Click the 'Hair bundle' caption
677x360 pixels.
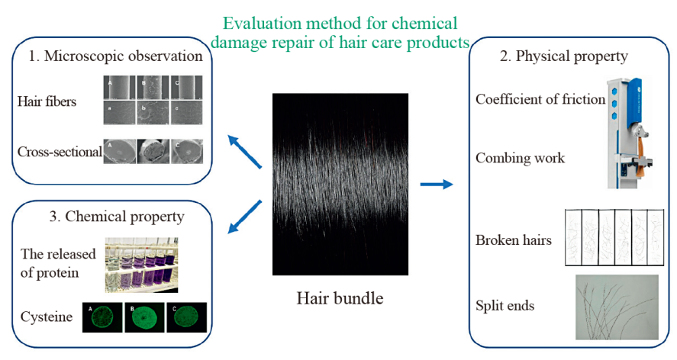(x=340, y=297)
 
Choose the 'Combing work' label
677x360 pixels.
(x=520, y=158)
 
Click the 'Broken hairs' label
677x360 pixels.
(x=514, y=240)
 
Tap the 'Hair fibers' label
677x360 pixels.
(x=47, y=101)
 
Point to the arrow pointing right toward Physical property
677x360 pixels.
(x=436, y=184)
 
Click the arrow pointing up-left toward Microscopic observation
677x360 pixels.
(x=245, y=149)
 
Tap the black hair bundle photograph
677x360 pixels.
(x=340, y=184)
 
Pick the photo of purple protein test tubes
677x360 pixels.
(x=142, y=265)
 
